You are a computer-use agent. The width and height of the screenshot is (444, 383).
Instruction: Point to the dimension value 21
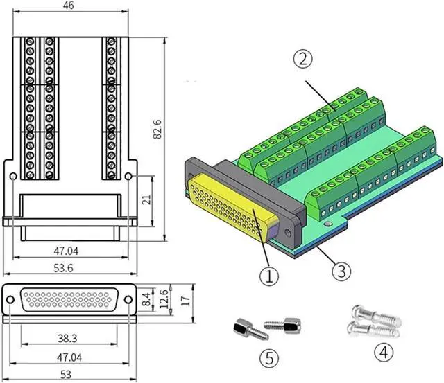[x=146, y=199]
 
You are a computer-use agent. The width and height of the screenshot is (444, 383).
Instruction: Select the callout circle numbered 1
[x=268, y=276]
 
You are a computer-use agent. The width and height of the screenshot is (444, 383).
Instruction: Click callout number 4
[x=384, y=352]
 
